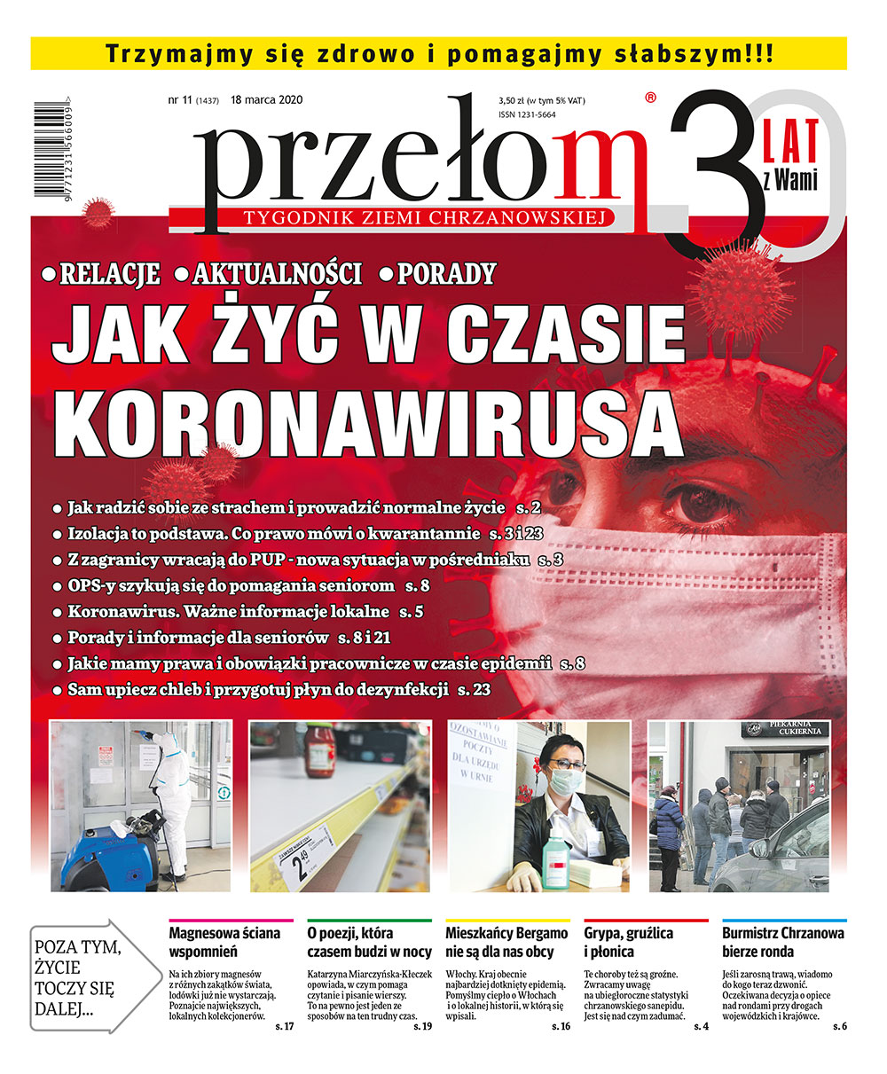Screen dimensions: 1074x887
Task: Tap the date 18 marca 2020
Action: click(x=266, y=100)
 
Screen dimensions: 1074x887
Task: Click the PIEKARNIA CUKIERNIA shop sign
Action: click(x=786, y=730)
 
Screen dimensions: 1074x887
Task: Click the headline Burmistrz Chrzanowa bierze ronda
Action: click(x=782, y=942)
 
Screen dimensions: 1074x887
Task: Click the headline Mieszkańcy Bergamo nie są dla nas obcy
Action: click(x=506, y=942)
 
